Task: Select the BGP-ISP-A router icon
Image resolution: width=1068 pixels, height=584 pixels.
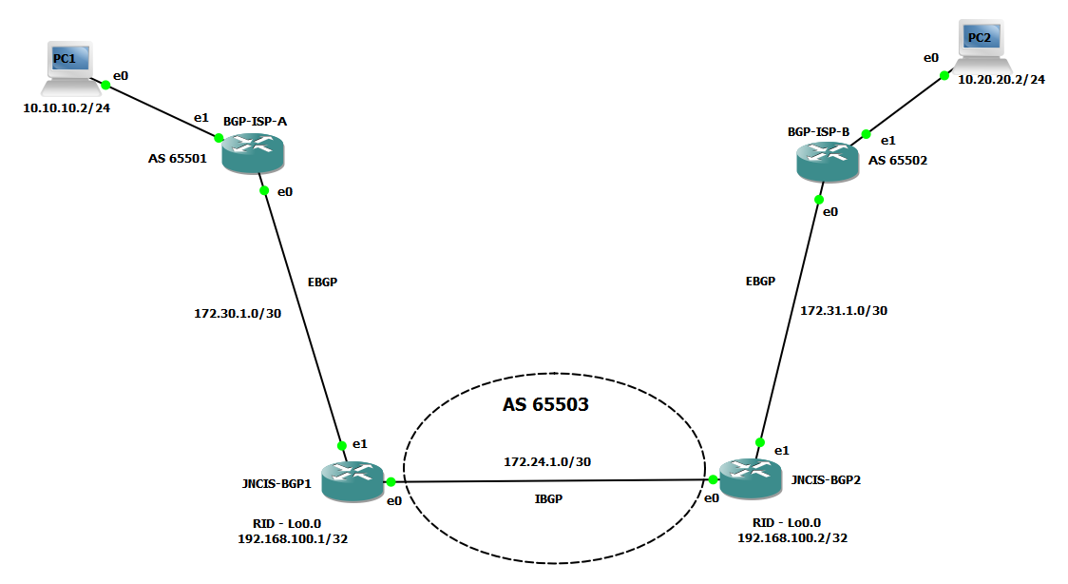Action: click(x=253, y=152)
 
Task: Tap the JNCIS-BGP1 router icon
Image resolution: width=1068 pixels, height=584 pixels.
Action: click(x=352, y=481)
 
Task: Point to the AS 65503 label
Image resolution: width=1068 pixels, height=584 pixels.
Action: click(x=545, y=404)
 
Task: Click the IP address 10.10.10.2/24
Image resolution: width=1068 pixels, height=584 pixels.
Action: click(x=67, y=108)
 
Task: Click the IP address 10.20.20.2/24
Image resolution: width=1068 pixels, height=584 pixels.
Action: click(x=1001, y=80)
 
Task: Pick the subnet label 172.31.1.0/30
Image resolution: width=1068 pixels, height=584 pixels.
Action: click(x=844, y=310)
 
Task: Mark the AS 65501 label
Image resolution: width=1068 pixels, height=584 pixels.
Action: click(x=178, y=159)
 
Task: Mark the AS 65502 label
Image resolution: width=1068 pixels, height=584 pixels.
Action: click(x=898, y=161)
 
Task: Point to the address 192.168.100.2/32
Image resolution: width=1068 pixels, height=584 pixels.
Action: click(x=792, y=537)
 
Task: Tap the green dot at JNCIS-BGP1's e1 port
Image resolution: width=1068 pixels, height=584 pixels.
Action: click(x=341, y=445)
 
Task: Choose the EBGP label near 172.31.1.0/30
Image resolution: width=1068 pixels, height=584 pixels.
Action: click(x=760, y=282)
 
